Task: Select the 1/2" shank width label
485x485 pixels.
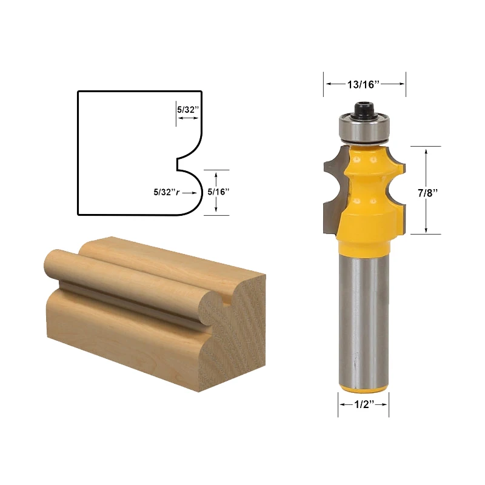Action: click(363, 406)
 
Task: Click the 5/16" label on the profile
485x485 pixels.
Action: click(218, 192)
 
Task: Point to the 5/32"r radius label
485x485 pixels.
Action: click(166, 192)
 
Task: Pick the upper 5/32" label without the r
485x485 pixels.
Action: click(187, 110)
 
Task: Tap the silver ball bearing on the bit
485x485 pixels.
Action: click(363, 129)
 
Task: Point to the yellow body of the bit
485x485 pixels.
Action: click(363, 206)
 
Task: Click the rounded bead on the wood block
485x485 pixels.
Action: click(121, 273)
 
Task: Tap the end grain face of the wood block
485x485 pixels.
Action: click(239, 339)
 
